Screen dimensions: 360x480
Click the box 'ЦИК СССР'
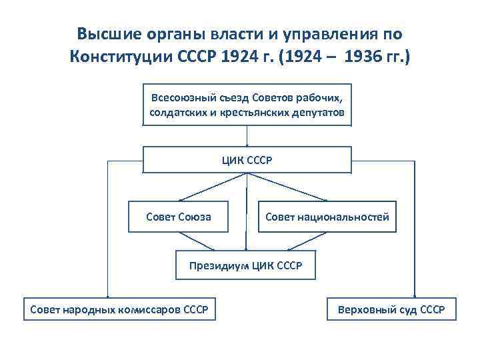[247, 160]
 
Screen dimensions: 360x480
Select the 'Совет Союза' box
[178, 217]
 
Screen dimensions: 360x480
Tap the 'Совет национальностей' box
[327, 217]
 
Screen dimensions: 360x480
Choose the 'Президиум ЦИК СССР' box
[245, 265]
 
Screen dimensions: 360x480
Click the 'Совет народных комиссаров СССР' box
[119, 310]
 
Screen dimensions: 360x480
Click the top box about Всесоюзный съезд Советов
[247, 105]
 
